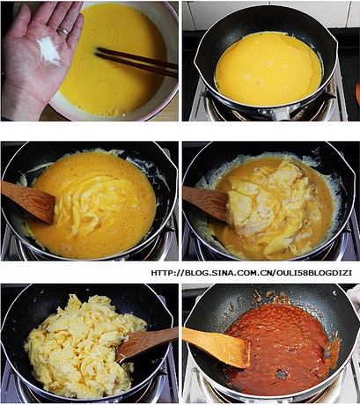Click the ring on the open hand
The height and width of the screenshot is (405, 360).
63,31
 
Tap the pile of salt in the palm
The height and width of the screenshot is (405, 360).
48,50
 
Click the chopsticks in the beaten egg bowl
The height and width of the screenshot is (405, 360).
136,63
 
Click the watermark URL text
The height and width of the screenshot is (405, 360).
252,273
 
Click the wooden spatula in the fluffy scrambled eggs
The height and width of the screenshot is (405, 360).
147,342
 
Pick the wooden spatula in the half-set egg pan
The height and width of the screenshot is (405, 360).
28,201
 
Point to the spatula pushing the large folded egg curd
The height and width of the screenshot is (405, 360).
205,202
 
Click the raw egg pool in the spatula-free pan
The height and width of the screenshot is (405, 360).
268,68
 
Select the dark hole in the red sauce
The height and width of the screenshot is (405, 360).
281,374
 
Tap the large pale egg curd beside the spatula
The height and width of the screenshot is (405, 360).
264,205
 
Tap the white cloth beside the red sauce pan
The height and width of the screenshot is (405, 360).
354,301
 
